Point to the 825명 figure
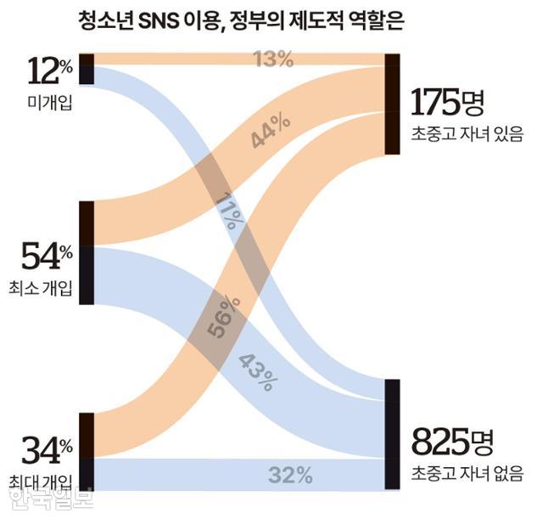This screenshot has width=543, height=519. pyautogui.click(x=451, y=442)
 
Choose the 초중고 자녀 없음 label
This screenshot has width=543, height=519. pyautogui.click(x=465, y=472)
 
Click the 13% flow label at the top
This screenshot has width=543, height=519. pyautogui.click(x=273, y=59)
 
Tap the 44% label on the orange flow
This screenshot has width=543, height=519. pyautogui.click(x=271, y=132)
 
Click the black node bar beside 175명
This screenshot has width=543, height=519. pyautogui.click(x=391, y=104)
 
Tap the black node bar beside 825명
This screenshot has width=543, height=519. pyautogui.click(x=391, y=434)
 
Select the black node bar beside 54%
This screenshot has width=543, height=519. pyautogui.click(x=86, y=253)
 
